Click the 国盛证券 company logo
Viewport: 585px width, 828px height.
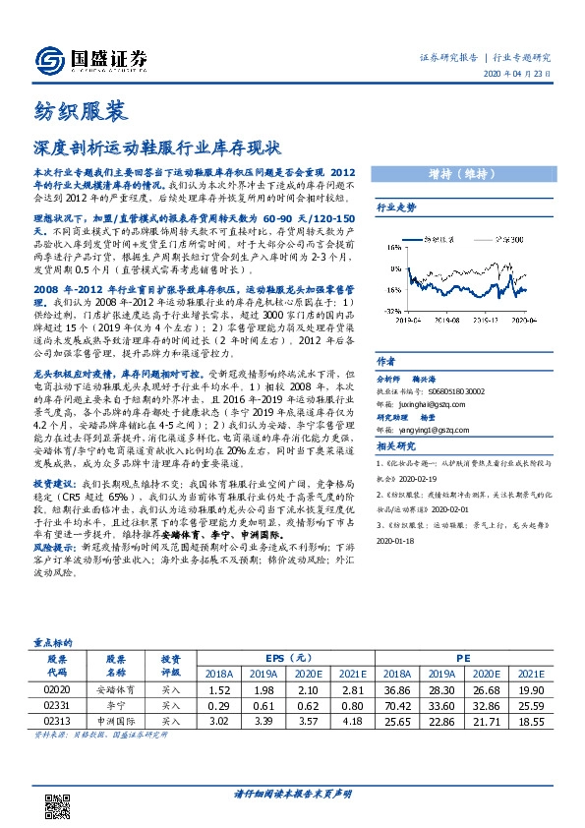(x=90, y=58)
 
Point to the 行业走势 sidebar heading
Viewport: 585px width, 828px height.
(x=396, y=207)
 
